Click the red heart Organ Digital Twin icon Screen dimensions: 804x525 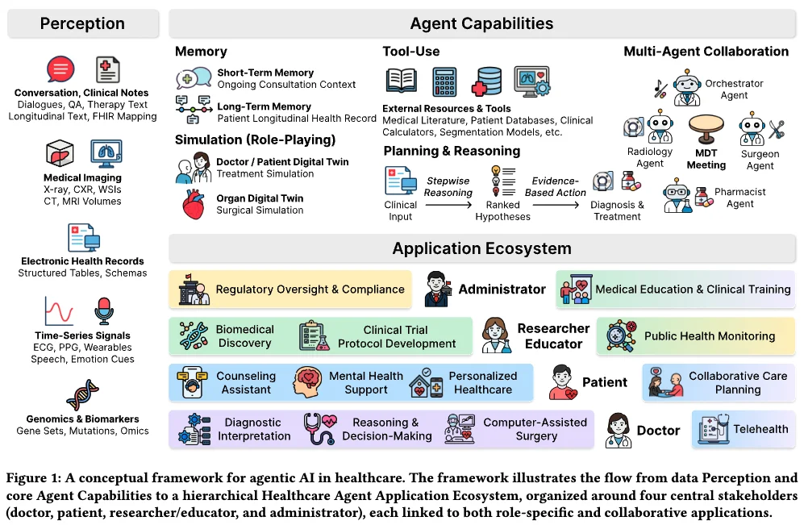pyautogui.click(x=194, y=205)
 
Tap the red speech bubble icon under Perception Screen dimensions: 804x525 pyautogui.click(x=60, y=69)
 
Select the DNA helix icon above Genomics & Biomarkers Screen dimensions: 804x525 pyautogui.click(x=82, y=395)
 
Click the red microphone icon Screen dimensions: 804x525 pyautogui.click(x=104, y=310)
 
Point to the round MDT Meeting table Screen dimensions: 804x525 pyautogui.click(x=706, y=129)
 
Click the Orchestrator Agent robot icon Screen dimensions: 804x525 pyautogui.click(x=687, y=88)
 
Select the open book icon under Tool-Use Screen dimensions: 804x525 pyautogui.click(x=401, y=81)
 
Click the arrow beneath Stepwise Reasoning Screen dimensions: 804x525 pyautogui.click(x=448, y=205)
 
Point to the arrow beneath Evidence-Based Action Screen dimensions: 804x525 pyautogui.click(x=556, y=205)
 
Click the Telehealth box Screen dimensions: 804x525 pyautogui.click(x=744, y=430)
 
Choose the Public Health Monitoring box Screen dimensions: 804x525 pyautogui.click(x=696, y=336)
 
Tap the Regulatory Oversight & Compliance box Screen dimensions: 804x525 pyautogui.click(x=290, y=290)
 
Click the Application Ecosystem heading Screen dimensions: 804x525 pyautogui.click(x=482, y=248)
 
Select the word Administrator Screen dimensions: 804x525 pyautogui.click(x=502, y=290)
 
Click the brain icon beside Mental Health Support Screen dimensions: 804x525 pyautogui.click(x=308, y=382)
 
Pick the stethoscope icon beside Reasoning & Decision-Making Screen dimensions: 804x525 pyautogui.click(x=319, y=429)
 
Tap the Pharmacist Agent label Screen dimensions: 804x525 pyautogui.click(x=740, y=198)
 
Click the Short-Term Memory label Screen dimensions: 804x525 pyautogui.click(x=265, y=73)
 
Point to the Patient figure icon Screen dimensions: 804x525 pyautogui.click(x=563, y=382)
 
